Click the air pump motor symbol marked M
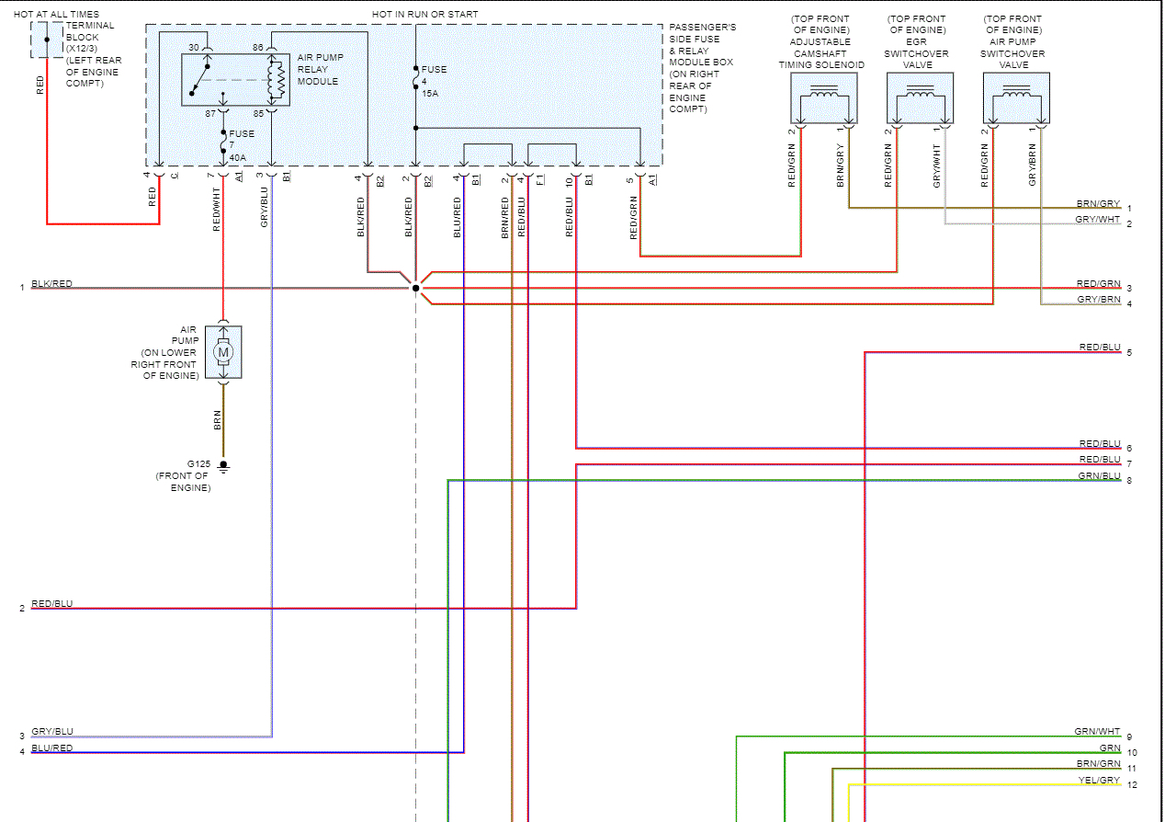222,351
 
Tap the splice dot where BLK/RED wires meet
415,288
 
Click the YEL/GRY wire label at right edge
1099,781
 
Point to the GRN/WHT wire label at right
1097,732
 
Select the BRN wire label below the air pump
217,419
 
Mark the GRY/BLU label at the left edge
52,731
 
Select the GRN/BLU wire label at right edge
1099,475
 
